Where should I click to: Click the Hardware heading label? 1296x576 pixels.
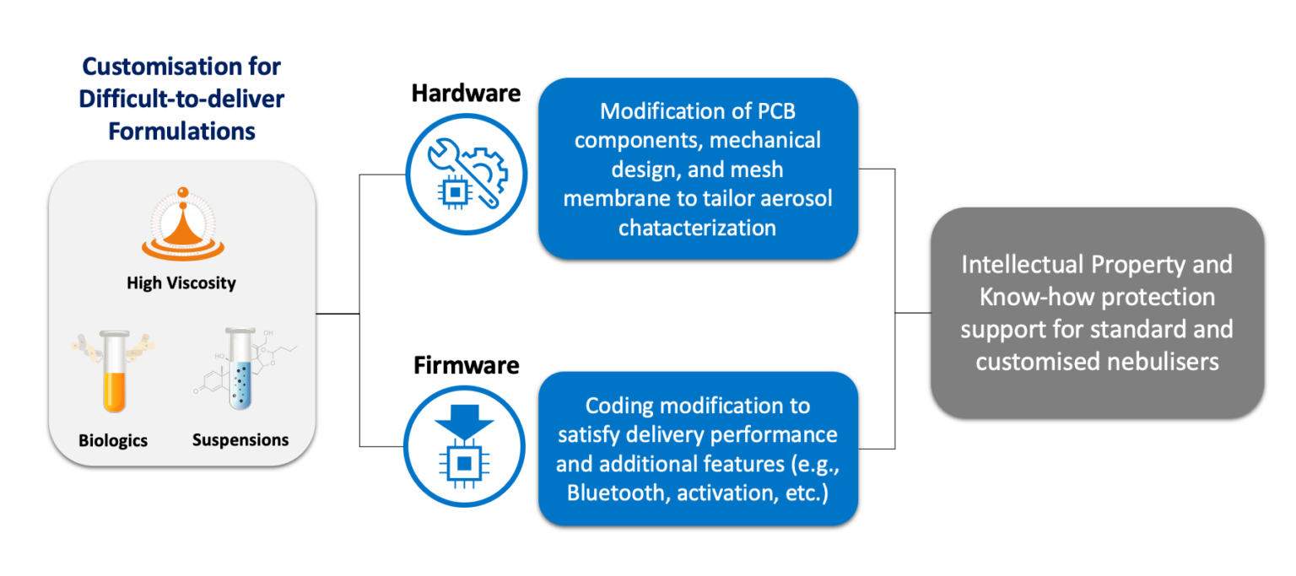pos(466,94)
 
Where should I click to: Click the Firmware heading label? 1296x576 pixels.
pos(466,366)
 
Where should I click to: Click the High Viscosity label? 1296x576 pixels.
pos(181,283)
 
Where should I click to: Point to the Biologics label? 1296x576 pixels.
pos(113,441)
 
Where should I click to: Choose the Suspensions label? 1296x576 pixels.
pos(240,440)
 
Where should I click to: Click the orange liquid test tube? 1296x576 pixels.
pos(114,371)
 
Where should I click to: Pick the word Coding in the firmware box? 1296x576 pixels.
pos(620,406)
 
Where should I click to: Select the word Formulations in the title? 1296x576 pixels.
pos(181,131)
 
